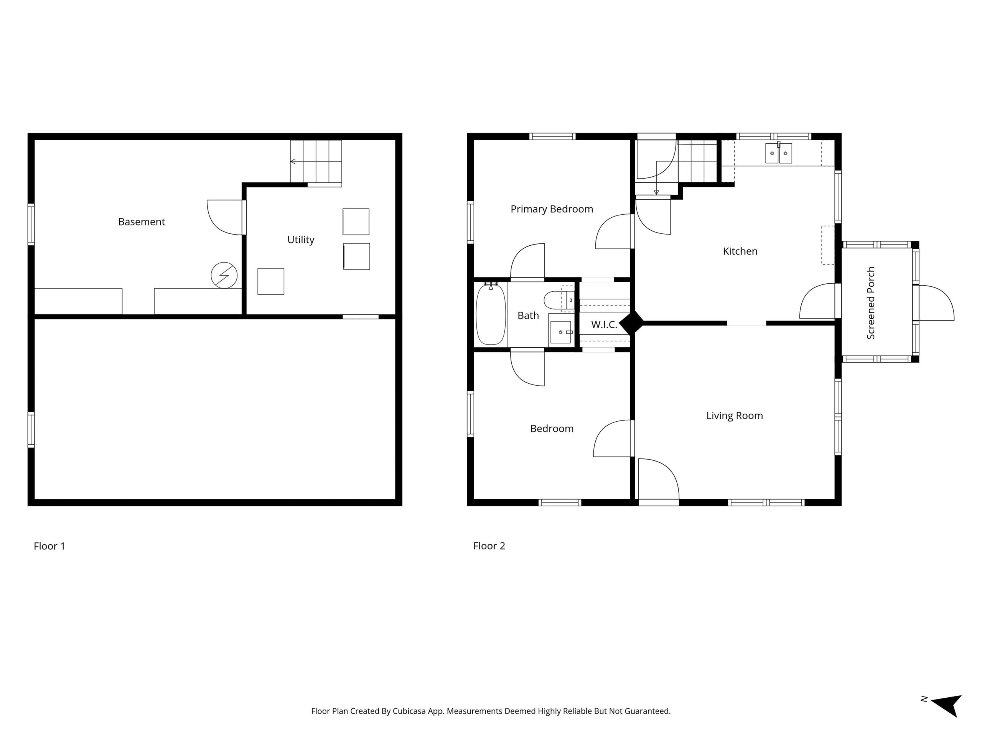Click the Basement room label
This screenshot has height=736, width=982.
click(142, 222)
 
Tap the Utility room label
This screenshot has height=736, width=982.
click(301, 240)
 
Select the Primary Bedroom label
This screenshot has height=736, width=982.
click(552, 209)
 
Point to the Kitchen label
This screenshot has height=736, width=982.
click(740, 251)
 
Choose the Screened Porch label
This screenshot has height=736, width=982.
click(871, 303)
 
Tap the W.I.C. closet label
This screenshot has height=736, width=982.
click(604, 325)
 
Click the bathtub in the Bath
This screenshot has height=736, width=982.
click(491, 314)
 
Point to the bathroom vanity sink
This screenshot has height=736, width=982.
click(561, 332)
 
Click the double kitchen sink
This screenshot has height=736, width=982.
click(779, 153)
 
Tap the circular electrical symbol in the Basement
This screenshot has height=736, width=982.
click(224, 276)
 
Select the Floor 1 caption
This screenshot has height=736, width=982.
click(49, 546)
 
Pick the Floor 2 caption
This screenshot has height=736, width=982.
click(489, 546)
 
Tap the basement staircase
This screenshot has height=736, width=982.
click(316, 162)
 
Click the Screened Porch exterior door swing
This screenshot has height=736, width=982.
click(936, 302)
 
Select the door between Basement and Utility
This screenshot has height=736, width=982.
click(226, 217)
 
